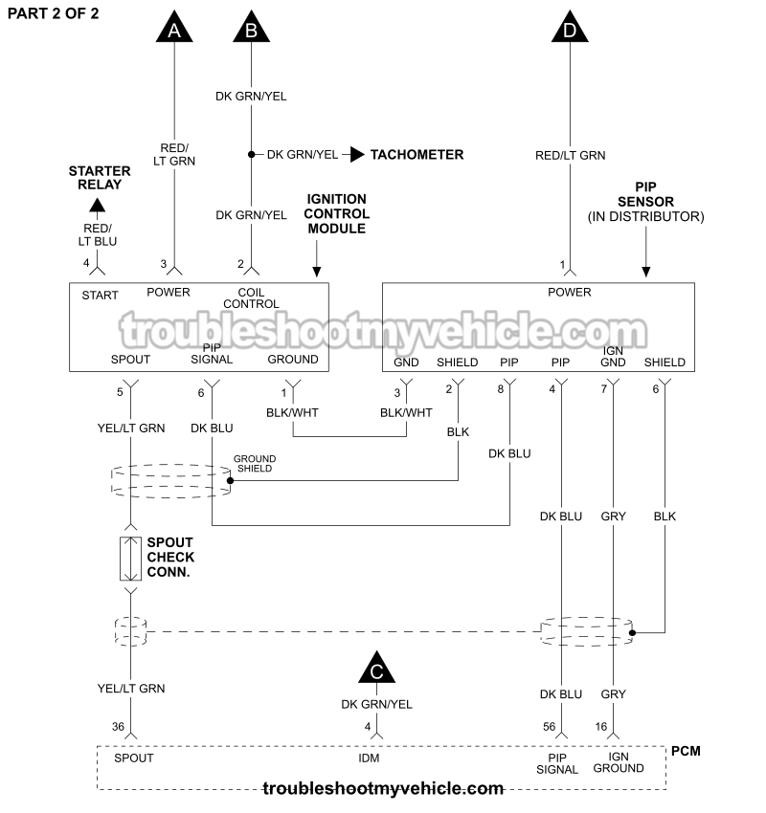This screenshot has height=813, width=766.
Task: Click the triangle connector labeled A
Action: (173, 28)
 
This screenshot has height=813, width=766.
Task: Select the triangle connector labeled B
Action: (251, 28)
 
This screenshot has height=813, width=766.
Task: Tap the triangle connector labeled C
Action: (376, 670)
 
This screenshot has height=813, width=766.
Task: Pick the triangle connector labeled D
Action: (571, 28)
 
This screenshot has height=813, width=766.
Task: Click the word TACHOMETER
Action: (417, 154)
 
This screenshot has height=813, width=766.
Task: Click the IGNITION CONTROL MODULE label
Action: (336, 214)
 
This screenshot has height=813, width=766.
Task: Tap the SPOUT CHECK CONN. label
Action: (170, 558)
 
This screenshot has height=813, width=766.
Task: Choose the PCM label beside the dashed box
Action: (686, 751)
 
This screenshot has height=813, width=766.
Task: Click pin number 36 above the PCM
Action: (118, 727)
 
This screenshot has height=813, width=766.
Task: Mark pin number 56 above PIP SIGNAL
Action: (550, 727)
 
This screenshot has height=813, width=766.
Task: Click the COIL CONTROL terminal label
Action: (251, 297)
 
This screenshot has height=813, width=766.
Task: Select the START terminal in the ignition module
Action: (100, 294)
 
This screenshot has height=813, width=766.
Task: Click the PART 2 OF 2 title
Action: (53, 13)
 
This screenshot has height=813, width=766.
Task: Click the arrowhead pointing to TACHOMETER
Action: (356, 154)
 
